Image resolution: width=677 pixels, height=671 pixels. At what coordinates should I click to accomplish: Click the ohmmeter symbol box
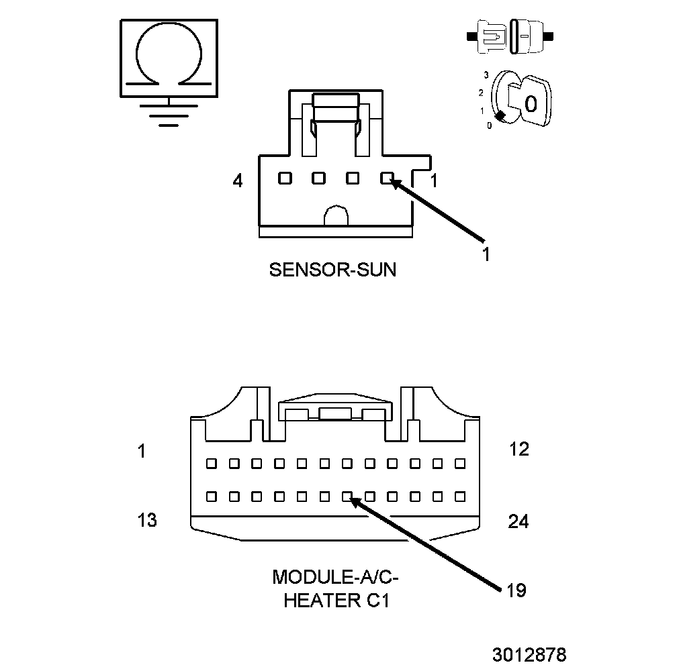coord(169,58)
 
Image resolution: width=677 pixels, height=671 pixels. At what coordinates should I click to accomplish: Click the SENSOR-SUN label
coord(332,270)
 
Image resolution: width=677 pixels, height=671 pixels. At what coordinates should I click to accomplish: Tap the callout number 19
coord(516,590)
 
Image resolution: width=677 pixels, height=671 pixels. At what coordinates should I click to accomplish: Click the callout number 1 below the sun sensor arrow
coord(486,254)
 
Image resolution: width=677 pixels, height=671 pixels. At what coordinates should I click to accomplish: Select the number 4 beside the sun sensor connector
coord(238,181)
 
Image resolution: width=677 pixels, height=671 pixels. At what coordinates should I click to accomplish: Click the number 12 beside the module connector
coord(518,450)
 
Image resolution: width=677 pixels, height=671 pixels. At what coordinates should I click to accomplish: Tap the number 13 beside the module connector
coord(147,520)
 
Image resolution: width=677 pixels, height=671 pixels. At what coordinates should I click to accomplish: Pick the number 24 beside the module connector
coord(518,521)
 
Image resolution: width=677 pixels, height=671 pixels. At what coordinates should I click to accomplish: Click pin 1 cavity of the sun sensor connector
coord(386,178)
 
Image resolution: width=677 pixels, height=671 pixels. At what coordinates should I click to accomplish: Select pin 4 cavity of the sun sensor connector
coord(285,178)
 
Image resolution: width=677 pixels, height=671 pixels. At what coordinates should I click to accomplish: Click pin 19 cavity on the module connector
coord(347,497)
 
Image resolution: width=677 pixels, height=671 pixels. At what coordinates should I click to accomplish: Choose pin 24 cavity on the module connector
coord(460,497)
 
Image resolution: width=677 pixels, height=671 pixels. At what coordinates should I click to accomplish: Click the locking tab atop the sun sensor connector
coord(336,107)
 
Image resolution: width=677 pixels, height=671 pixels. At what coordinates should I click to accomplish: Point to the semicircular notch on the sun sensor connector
coord(336,216)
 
